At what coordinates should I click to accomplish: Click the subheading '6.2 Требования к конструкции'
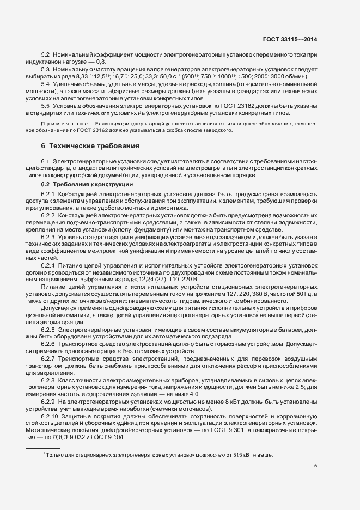click(x=82, y=185)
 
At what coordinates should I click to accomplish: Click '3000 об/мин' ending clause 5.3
click(x=290, y=77)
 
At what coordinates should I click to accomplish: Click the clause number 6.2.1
click(x=48, y=195)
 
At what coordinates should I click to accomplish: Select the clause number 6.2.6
click(x=48, y=344)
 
